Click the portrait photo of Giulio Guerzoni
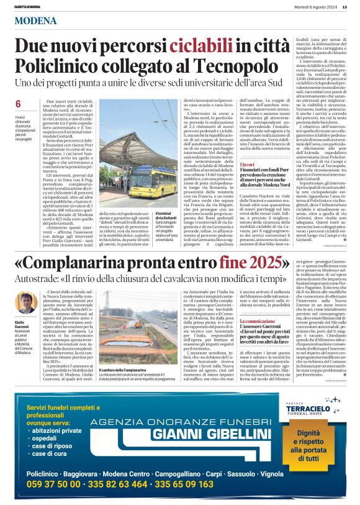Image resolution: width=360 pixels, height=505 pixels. pyautogui.click(x=26, y=303)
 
